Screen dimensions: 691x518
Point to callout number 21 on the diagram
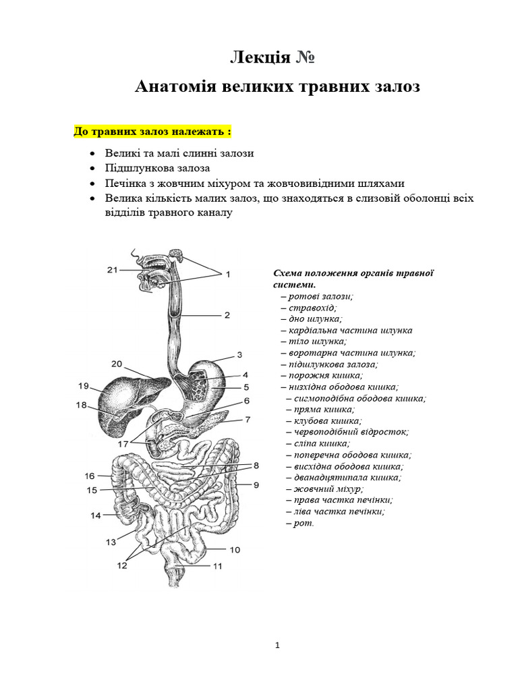tap(113, 271)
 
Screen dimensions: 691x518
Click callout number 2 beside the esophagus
tap(227, 315)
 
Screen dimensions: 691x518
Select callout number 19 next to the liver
tap(84, 387)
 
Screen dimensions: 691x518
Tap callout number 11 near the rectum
tap(217, 567)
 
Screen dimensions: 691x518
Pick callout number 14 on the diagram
tap(96, 516)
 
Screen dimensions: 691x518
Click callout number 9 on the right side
tap(256, 485)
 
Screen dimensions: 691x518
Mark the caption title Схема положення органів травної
tap(352, 273)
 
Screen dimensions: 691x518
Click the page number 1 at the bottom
tap(277, 645)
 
